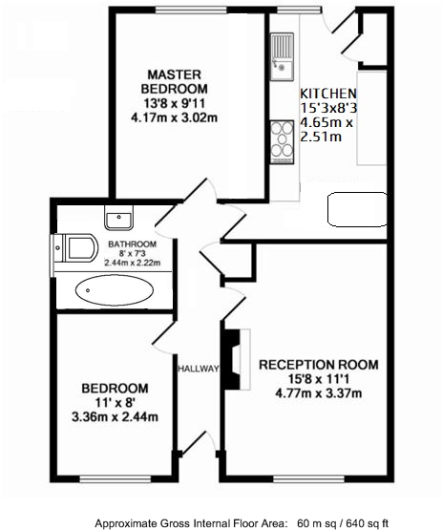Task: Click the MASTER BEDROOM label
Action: point(175,81)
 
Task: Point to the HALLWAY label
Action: point(199,369)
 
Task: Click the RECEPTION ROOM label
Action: point(318,365)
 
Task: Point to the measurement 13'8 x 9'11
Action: point(175,104)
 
